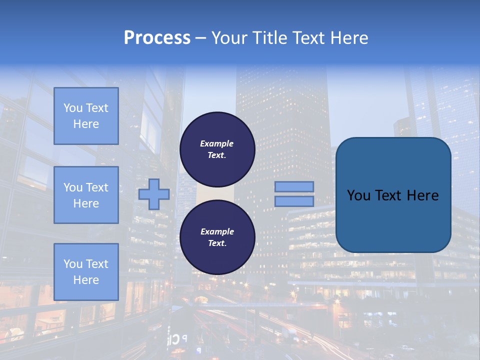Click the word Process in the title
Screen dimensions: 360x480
pyautogui.click(x=157, y=38)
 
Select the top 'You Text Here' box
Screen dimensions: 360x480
pyautogui.click(x=86, y=116)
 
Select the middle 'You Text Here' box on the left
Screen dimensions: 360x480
pyautogui.click(x=86, y=195)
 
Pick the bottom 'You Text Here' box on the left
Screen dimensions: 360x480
pyautogui.click(x=86, y=272)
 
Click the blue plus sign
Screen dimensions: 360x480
pyautogui.click(x=153, y=194)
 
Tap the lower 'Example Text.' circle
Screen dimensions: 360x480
pyautogui.click(x=217, y=237)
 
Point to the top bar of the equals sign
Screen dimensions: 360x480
pyautogui.click(x=294, y=186)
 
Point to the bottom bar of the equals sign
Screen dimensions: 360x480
pyautogui.click(x=294, y=201)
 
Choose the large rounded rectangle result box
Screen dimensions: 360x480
pyautogui.click(x=393, y=220)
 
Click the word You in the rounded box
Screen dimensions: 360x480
pyautogui.click(x=359, y=195)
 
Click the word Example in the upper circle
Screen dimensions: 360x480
pyautogui.click(x=216, y=143)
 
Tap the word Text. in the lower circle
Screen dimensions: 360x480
pyautogui.click(x=217, y=243)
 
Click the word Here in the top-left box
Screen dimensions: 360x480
pyautogui.click(x=86, y=124)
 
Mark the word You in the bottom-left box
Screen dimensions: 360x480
pyautogui.click(x=72, y=264)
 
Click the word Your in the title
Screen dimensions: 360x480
pyautogui.click(x=228, y=38)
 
